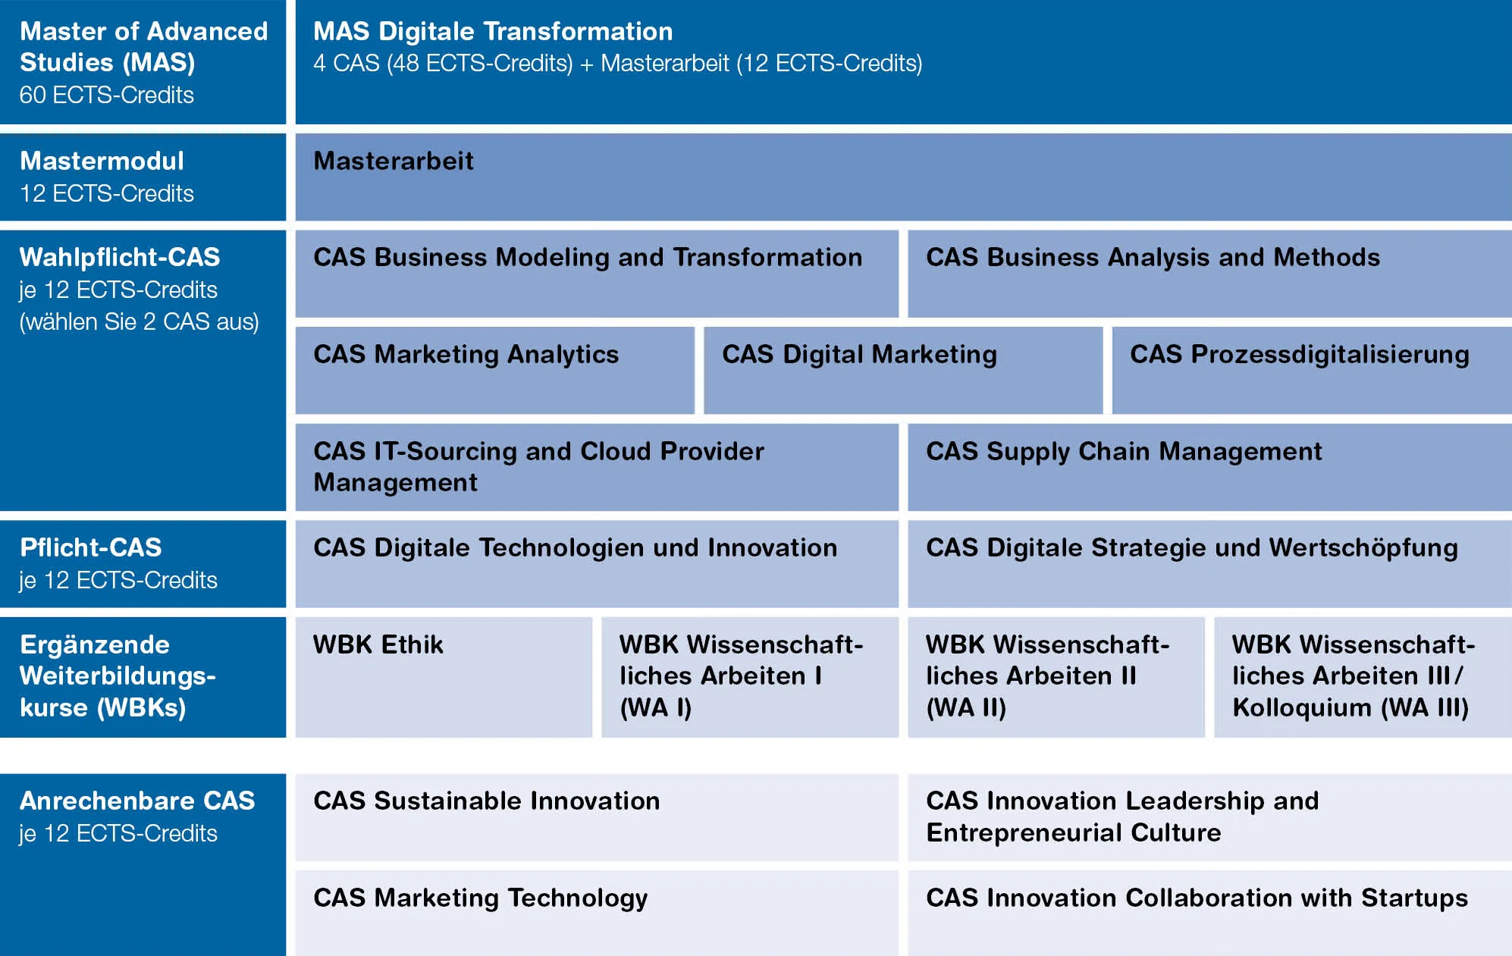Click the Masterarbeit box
click(x=903, y=177)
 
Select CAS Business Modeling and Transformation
click(x=597, y=274)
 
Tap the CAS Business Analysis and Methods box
click(x=1209, y=274)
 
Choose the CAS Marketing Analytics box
click(x=494, y=371)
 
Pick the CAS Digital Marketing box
click(x=903, y=371)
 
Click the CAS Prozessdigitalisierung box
click(x=1312, y=371)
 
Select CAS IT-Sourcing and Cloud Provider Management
click(x=597, y=467)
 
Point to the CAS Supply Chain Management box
click(x=1209, y=467)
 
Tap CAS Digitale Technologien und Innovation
click(x=597, y=564)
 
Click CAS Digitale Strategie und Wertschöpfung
click(x=1209, y=564)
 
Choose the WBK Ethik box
click(x=444, y=677)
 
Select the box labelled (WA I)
click(x=750, y=677)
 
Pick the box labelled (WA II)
click(x=1056, y=677)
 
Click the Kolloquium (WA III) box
click(x=1363, y=677)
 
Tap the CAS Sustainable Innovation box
click(x=597, y=817)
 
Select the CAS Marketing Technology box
click(x=597, y=914)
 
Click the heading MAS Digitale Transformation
click(x=493, y=31)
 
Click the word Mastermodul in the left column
click(x=102, y=161)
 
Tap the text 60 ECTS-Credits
click(x=107, y=95)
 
